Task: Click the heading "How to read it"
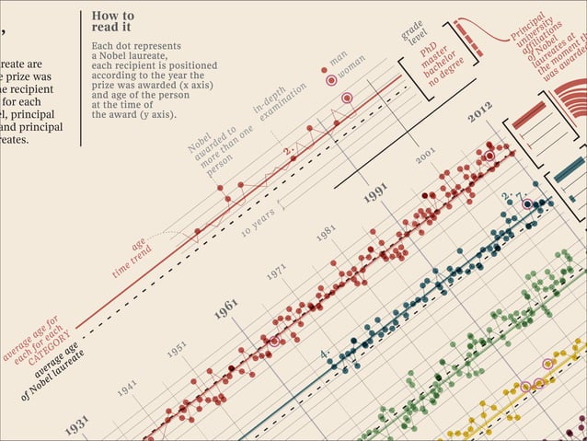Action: (x=113, y=22)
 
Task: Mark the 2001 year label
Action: (x=425, y=157)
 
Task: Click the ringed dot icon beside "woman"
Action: (x=330, y=80)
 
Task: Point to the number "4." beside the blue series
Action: (x=324, y=354)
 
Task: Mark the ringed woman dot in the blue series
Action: (x=528, y=203)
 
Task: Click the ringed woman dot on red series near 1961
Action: (x=272, y=342)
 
